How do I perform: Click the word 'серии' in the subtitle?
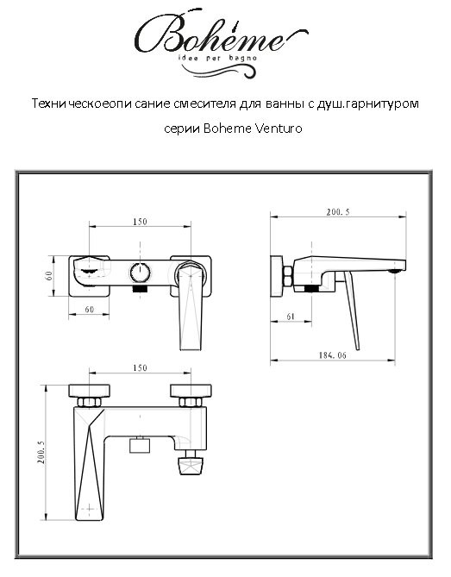tap(180, 129)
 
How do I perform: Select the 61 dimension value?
tap(290, 317)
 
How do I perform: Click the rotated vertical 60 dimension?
tap(51, 276)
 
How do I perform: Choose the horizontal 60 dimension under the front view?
tap(89, 309)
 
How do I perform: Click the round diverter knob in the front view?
tap(140, 273)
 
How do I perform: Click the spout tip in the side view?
tap(396, 270)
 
